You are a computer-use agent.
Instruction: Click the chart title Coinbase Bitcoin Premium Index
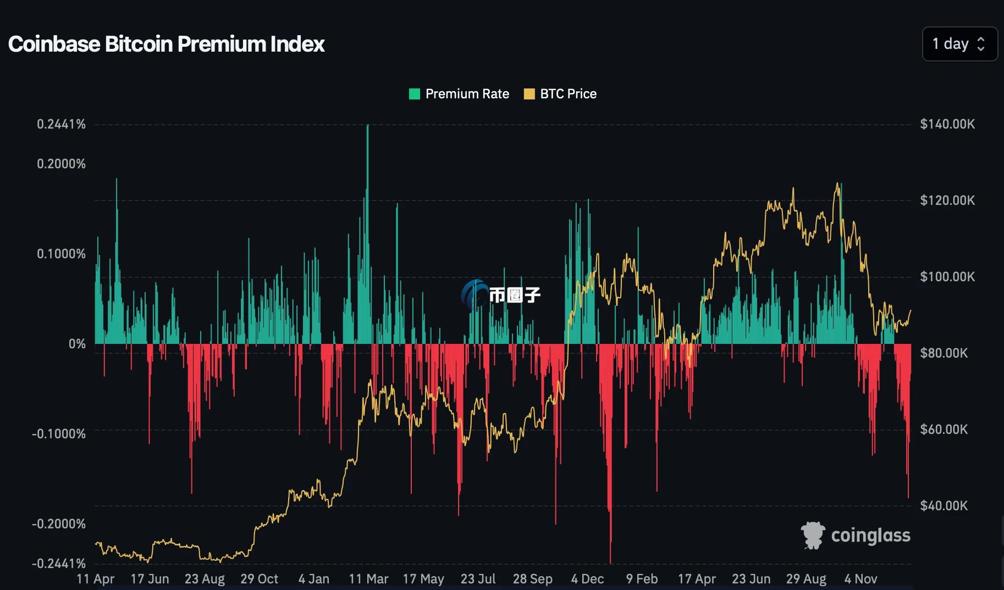166,44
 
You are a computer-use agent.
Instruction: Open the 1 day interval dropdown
959,44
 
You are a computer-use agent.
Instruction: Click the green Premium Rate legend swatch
415,94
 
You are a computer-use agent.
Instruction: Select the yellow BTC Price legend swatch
529,94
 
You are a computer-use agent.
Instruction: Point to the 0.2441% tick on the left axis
61,124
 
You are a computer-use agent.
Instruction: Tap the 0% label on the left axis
77,344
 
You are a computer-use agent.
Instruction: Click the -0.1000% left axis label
59,434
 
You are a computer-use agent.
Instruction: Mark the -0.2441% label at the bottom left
59,564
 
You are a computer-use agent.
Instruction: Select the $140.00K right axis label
947,124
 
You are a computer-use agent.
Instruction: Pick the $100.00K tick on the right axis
947,276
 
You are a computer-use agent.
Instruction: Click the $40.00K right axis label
944,505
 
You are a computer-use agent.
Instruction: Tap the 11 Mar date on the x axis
368,579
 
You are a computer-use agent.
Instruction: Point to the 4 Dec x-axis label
587,579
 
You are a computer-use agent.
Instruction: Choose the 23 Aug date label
205,579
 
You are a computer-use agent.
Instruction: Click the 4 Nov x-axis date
860,579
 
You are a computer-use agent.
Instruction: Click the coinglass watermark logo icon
813,535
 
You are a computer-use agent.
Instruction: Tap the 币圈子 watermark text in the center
515,295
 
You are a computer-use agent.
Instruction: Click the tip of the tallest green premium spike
367,126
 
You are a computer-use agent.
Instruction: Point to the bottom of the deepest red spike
610,562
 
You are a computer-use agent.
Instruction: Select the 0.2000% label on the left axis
61,164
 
